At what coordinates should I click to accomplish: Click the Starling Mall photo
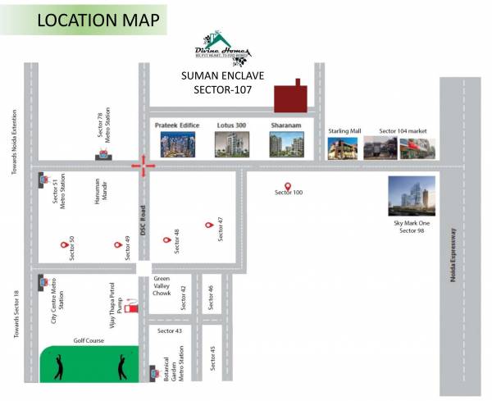click(343, 148)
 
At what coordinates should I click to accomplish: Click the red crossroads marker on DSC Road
click(143, 166)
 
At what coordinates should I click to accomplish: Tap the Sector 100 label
click(288, 193)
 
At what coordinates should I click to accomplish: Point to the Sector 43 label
click(170, 330)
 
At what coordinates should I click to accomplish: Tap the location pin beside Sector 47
click(208, 225)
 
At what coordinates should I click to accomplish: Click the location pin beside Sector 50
click(62, 244)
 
